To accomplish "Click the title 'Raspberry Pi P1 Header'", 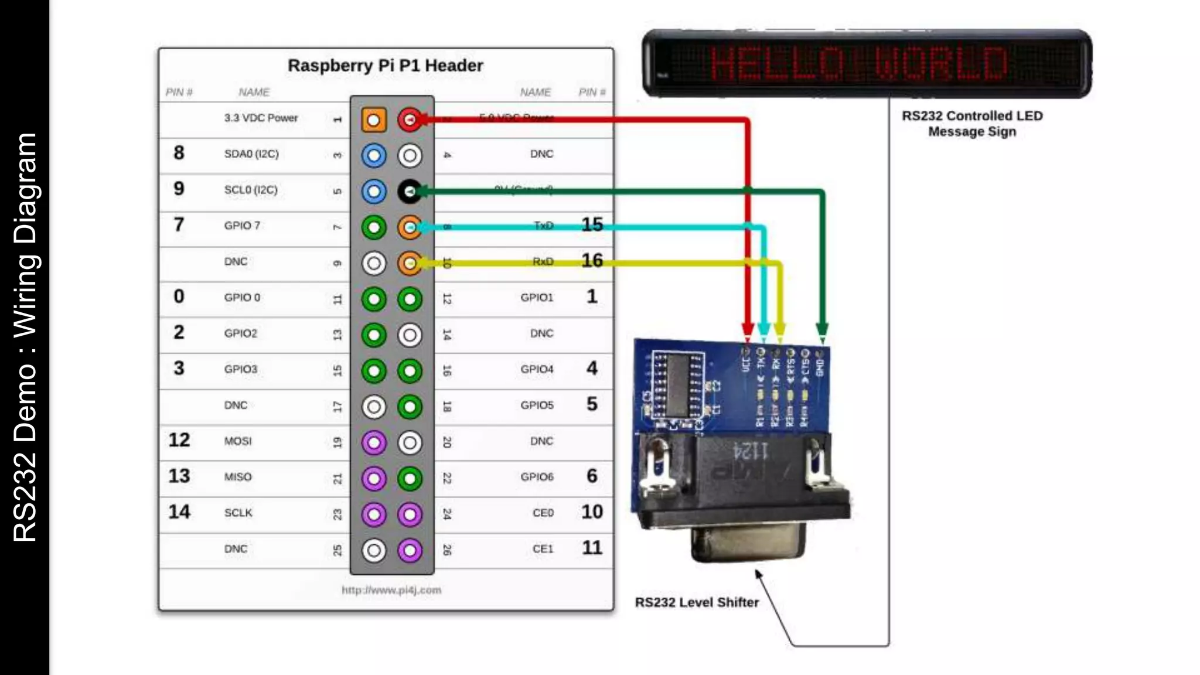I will click(385, 66).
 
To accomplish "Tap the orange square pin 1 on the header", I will click(374, 120).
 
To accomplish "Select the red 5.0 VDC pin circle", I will click(410, 120).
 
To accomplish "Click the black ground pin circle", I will click(410, 192).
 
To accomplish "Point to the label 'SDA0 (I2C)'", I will click(251, 154).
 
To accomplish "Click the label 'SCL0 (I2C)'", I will click(251, 190).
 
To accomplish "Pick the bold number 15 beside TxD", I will click(592, 224).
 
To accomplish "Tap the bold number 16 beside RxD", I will click(592, 260).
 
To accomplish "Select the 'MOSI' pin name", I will click(238, 441).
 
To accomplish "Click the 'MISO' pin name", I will click(238, 477).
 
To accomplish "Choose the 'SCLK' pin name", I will click(238, 513).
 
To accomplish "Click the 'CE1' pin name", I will click(543, 549).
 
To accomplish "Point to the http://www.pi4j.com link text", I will click(391, 590).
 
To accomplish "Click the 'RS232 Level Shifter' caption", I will click(697, 602).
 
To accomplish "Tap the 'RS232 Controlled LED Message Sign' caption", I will click(972, 124).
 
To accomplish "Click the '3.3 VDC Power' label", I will click(261, 118).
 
